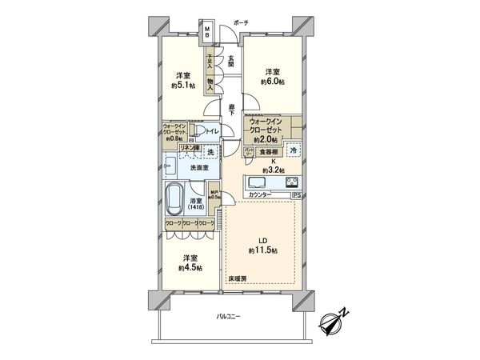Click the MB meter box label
(x=207, y=34)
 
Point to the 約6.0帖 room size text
(x=273, y=81)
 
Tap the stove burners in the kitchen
(x=290, y=180)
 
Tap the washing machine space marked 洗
(x=210, y=151)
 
